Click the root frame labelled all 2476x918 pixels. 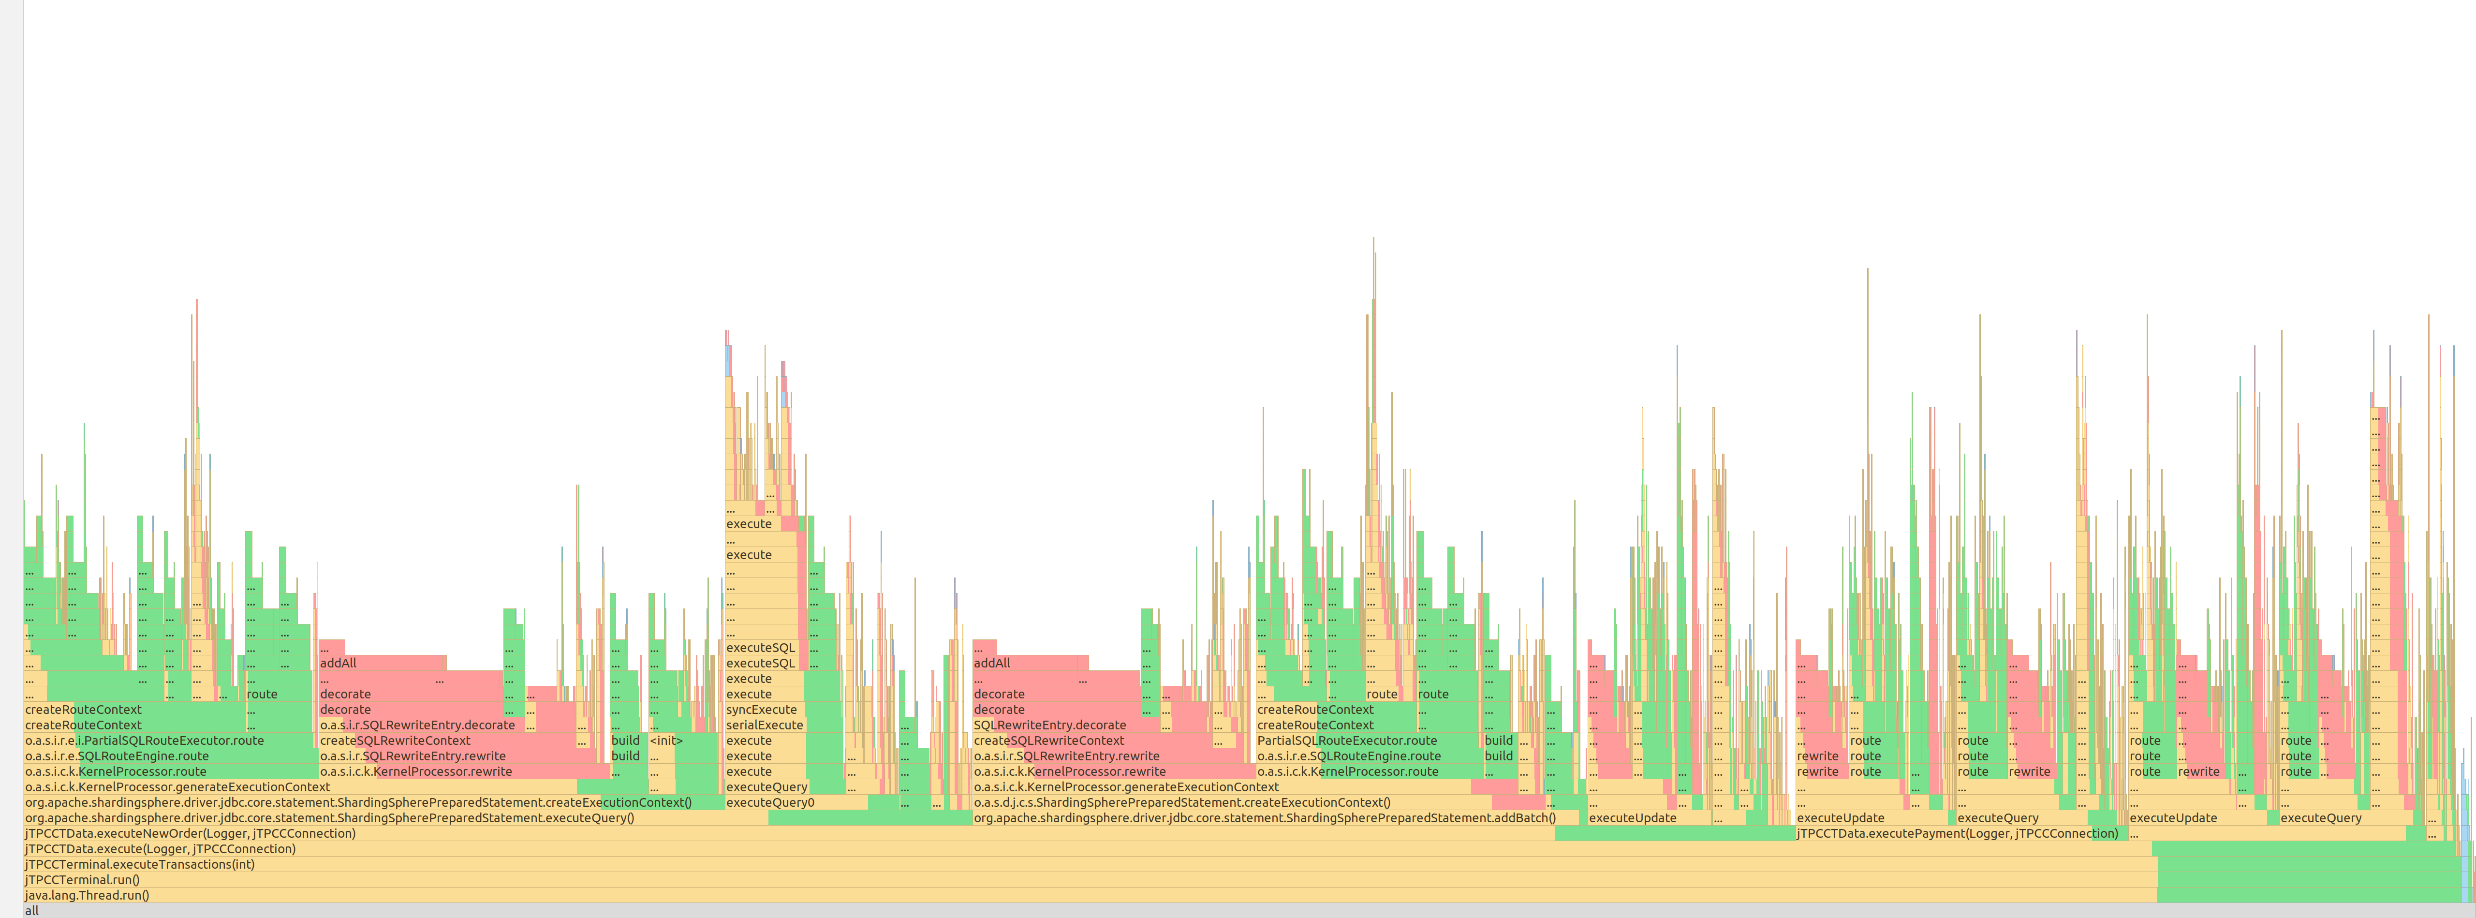[1153, 910]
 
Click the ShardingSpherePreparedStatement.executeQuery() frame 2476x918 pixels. [384, 818]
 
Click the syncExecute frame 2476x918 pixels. [761, 710]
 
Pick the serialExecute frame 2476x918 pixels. [764, 725]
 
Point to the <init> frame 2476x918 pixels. [665, 740]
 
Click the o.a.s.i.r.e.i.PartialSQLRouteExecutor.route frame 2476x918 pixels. [144, 740]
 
